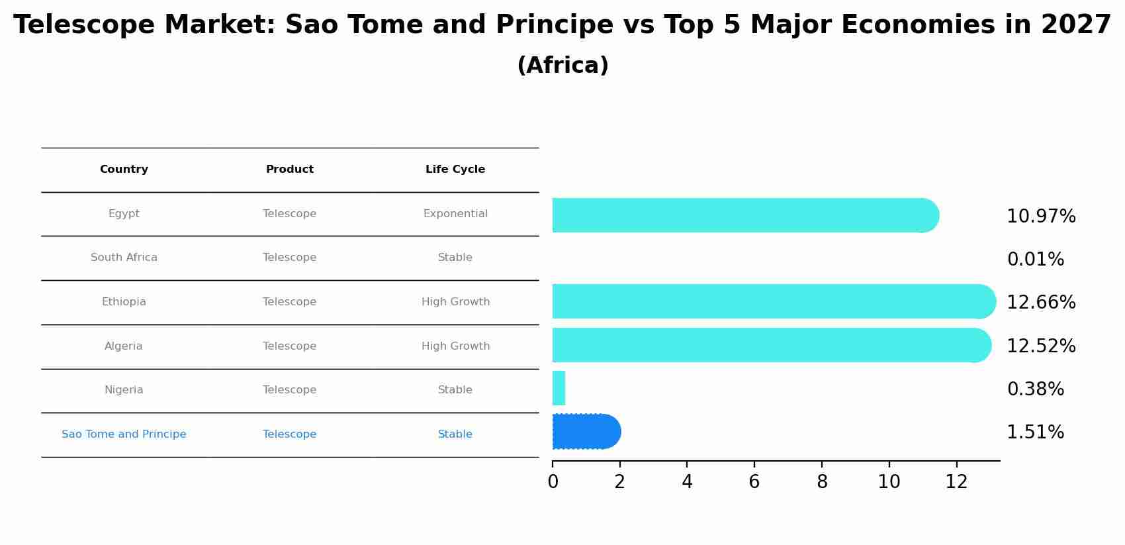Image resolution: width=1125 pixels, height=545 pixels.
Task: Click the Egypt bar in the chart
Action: pyautogui.click(x=741, y=215)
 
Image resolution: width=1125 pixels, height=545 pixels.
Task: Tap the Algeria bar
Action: pyautogui.click(x=768, y=345)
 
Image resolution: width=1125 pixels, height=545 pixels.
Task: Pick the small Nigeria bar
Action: pyautogui.click(x=559, y=388)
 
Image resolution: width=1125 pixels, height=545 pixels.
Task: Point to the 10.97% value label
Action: pyautogui.click(x=1040, y=217)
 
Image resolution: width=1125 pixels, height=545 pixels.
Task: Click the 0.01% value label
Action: pyautogui.click(x=1035, y=260)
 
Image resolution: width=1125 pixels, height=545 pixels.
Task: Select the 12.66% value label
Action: pyautogui.click(x=1040, y=303)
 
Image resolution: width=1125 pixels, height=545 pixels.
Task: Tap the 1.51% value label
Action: pyautogui.click(x=1035, y=432)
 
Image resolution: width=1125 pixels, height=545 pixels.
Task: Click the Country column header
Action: pyautogui.click(x=124, y=170)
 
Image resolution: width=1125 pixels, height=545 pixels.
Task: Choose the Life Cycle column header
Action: pyautogui.click(x=455, y=170)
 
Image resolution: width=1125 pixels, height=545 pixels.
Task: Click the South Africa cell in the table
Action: pyautogui.click(x=124, y=258)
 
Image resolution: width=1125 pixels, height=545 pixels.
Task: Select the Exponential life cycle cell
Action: pyautogui.click(x=455, y=214)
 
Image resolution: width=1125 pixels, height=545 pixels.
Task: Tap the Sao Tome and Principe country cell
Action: pyautogui.click(x=124, y=434)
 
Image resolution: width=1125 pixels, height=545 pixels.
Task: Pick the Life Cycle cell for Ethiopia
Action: pyautogui.click(x=455, y=302)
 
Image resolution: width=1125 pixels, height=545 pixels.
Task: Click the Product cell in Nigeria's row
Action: pyautogui.click(x=289, y=390)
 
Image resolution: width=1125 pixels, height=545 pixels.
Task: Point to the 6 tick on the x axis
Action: pyautogui.click(x=754, y=482)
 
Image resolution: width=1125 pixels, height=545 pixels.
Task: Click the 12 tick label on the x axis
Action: pyautogui.click(x=956, y=482)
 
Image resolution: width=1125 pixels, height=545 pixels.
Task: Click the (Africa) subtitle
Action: pyautogui.click(x=562, y=66)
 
